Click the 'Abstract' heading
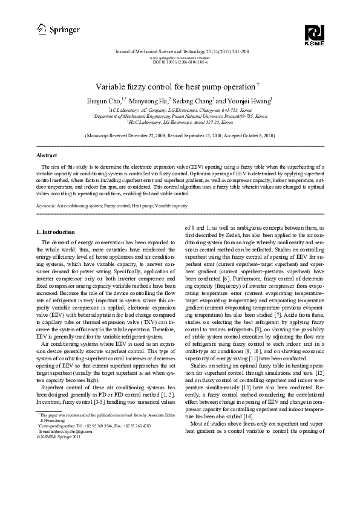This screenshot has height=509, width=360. (47, 155)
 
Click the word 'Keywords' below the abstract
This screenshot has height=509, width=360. (47, 206)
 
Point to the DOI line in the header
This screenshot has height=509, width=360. (180, 62)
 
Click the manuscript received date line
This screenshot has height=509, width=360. (180, 137)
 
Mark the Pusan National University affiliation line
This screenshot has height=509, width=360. (180, 116)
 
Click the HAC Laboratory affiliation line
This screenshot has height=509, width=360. (180, 122)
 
